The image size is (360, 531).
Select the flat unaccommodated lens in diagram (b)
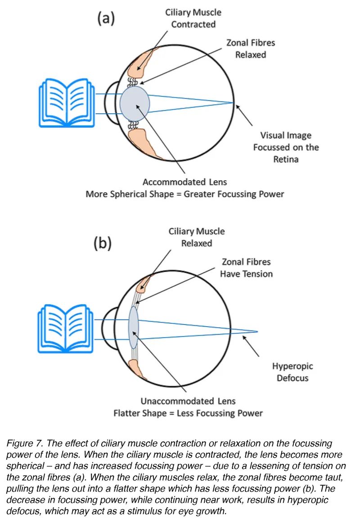(x=134, y=327)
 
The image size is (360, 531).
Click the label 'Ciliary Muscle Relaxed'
(x=196, y=237)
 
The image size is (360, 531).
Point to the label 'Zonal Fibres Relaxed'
(x=251, y=49)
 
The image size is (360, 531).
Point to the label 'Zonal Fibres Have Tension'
(x=246, y=268)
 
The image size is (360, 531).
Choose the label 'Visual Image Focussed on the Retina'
(x=286, y=147)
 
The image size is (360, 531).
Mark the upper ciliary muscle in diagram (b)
(x=144, y=283)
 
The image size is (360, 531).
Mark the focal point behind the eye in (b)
(x=257, y=332)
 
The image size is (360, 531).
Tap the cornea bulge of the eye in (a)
(x=108, y=103)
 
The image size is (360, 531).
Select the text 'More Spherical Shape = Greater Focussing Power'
(x=185, y=195)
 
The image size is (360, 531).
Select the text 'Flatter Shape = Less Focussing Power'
(x=188, y=413)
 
